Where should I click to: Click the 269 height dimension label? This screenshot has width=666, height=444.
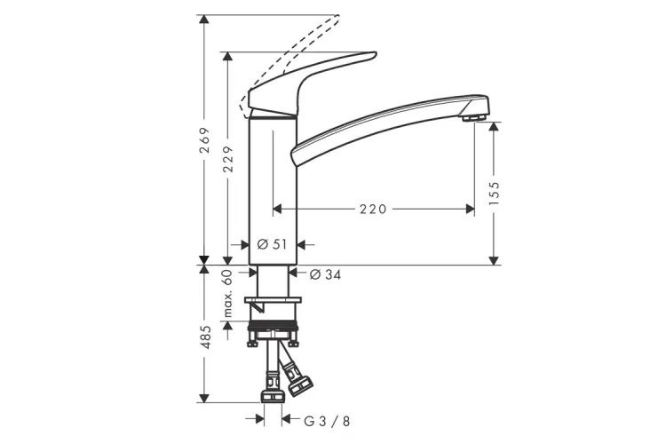click(x=205, y=139)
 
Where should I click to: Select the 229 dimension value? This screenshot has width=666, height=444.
click(x=228, y=159)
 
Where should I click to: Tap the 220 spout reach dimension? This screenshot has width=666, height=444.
click(x=373, y=209)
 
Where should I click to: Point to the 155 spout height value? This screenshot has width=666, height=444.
click(x=494, y=194)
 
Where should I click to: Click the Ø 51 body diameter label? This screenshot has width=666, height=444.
click(x=273, y=244)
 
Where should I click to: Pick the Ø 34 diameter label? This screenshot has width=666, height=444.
click(x=325, y=275)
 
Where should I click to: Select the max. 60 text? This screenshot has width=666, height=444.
click(x=228, y=294)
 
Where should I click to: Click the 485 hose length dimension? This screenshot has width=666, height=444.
click(x=205, y=337)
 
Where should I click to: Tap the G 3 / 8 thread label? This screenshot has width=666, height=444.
click(x=327, y=422)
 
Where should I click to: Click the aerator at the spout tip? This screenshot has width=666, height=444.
click(x=473, y=117)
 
